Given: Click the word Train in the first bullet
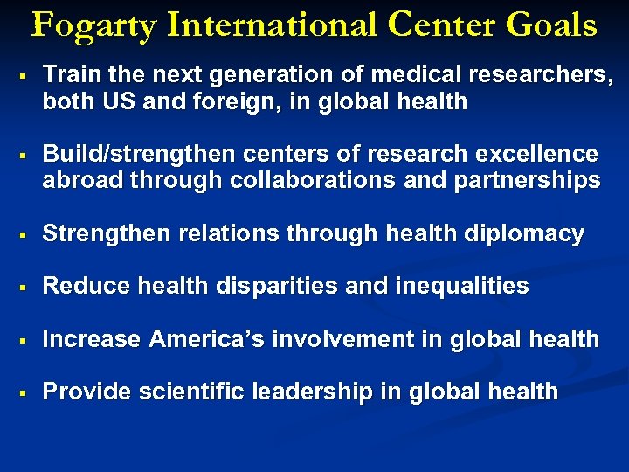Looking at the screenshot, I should click(69, 76).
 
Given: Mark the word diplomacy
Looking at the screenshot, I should click(528, 234).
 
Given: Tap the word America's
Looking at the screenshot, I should click(210, 338).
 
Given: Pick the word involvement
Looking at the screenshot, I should click(345, 338).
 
